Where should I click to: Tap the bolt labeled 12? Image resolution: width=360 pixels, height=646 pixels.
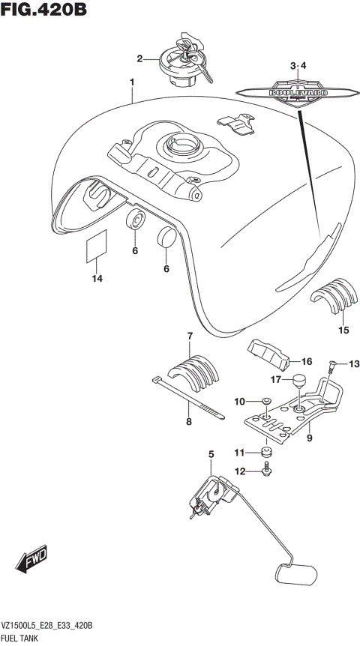point(266,470)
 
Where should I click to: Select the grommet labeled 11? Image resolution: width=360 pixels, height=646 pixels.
point(265,452)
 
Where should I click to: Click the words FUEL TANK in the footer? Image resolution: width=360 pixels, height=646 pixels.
point(20,638)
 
